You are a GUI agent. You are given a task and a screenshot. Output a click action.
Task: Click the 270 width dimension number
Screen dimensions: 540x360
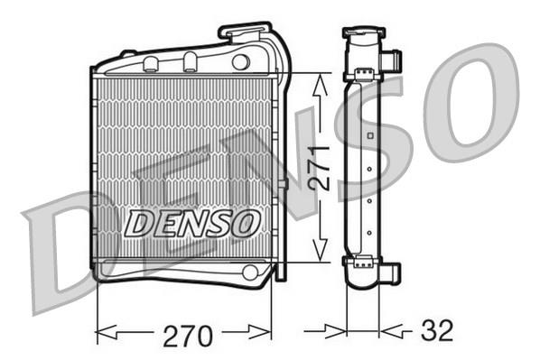click(188, 336)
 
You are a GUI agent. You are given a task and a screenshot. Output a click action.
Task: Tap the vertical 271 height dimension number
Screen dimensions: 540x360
click(319, 168)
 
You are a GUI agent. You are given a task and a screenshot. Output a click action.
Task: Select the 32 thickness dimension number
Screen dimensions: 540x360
click(437, 330)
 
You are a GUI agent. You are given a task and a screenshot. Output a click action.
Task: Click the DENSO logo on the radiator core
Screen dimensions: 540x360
click(192, 224)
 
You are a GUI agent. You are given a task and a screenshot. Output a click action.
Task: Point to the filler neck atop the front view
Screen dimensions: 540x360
click(245, 31)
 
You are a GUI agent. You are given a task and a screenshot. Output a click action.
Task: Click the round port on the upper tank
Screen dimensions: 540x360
click(240, 62)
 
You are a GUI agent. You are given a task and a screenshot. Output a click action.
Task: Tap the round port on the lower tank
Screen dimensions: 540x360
click(250, 272)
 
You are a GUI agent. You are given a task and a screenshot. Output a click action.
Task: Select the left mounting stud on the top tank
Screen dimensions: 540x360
click(150, 64)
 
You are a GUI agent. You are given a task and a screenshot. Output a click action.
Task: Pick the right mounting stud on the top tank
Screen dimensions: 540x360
click(191, 62)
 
